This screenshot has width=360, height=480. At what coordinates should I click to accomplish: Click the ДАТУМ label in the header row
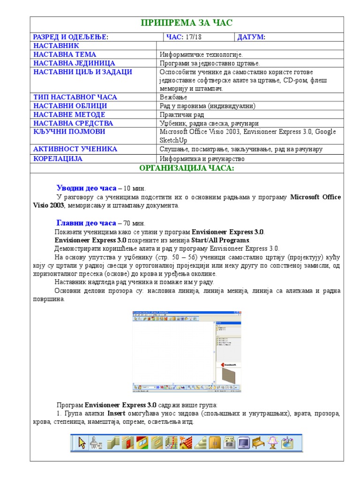[x=251, y=37]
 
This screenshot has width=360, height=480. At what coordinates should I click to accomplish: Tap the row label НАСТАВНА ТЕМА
[x=65, y=54]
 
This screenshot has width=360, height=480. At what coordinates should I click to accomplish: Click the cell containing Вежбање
[x=173, y=97]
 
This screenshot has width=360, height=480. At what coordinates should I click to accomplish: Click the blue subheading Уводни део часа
[x=86, y=188]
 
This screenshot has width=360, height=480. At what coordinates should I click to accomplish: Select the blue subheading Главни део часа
[x=86, y=223]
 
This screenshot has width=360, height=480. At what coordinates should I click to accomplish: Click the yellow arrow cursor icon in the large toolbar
[x=82, y=442]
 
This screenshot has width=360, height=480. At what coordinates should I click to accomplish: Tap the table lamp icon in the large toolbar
[x=272, y=442]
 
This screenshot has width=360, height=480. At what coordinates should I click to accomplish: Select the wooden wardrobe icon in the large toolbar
[x=214, y=442]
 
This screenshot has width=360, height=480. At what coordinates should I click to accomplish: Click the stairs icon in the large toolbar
[x=200, y=442]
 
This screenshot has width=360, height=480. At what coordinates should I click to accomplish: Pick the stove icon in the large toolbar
[x=229, y=442]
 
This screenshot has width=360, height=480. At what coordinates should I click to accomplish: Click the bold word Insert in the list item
[x=116, y=413]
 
